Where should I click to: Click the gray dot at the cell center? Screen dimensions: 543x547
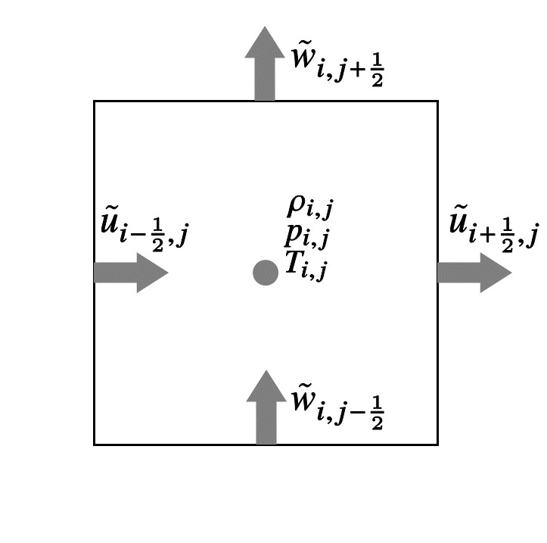point(265,273)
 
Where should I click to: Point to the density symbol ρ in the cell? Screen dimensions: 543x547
point(295,206)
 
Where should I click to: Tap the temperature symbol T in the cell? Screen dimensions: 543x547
point(294,263)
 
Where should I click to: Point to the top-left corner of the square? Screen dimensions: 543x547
point(95,101)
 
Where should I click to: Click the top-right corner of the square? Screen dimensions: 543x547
point(437,101)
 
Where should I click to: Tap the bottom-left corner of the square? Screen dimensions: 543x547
point(95,444)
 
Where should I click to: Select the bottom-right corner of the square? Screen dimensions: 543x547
point(437,444)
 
